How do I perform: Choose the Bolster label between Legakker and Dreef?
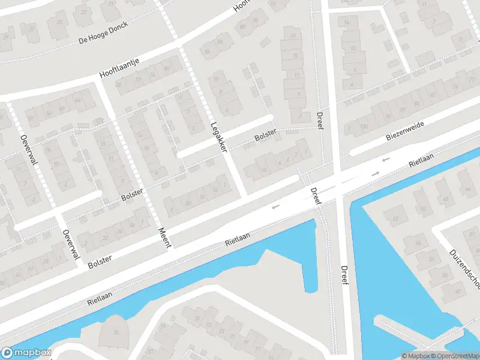coord(265,136)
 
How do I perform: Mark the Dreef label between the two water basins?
coord(344,274)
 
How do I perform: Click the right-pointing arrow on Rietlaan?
coord(376,173)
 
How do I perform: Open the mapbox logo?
coord(25,352)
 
